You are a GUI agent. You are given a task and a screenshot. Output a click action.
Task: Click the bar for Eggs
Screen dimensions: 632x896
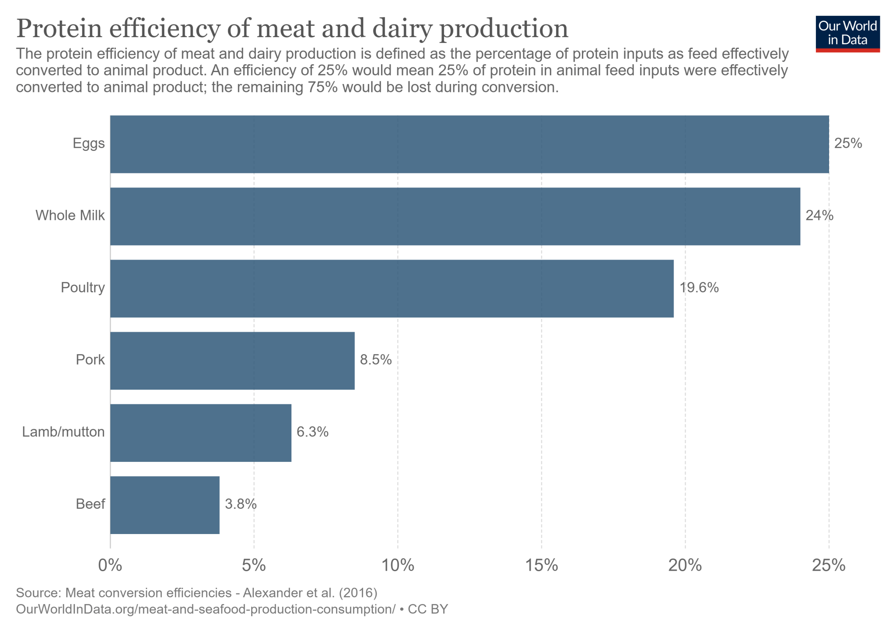(x=469, y=144)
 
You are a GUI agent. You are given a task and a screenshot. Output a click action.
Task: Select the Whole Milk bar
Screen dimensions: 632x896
(x=455, y=216)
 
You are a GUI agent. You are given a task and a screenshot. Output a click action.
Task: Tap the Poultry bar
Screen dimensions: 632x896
(x=392, y=289)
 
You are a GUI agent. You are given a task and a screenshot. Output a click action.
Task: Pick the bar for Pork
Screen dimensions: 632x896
(x=232, y=361)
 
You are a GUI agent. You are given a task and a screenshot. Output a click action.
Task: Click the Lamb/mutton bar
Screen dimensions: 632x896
(x=200, y=433)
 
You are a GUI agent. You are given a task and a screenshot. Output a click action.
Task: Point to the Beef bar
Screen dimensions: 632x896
(x=164, y=505)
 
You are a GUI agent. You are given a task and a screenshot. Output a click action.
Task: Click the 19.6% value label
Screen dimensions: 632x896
(x=699, y=288)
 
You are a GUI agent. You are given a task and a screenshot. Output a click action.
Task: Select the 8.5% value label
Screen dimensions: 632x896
(x=375, y=360)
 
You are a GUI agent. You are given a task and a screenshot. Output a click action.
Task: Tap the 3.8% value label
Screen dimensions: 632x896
(x=241, y=504)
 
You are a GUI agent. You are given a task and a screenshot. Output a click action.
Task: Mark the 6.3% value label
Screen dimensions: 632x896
(x=312, y=432)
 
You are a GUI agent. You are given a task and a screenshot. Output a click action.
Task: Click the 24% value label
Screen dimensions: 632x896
(x=819, y=216)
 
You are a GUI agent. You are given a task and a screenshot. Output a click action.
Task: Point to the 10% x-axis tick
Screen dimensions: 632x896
(x=398, y=566)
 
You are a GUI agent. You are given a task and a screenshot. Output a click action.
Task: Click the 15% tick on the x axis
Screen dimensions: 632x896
(x=542, y=566)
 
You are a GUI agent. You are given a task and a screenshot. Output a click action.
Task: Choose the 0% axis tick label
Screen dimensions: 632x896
(x=110, y=566)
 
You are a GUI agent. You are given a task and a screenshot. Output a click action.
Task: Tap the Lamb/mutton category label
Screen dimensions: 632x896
(x=63, y=432)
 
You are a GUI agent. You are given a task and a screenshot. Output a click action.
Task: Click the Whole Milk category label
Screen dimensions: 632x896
(x=70, y=216)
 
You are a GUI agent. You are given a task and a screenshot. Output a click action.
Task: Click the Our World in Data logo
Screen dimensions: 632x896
(x=847, y=34)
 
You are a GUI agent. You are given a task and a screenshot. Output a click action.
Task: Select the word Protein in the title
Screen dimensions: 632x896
(x=58, y=29)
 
